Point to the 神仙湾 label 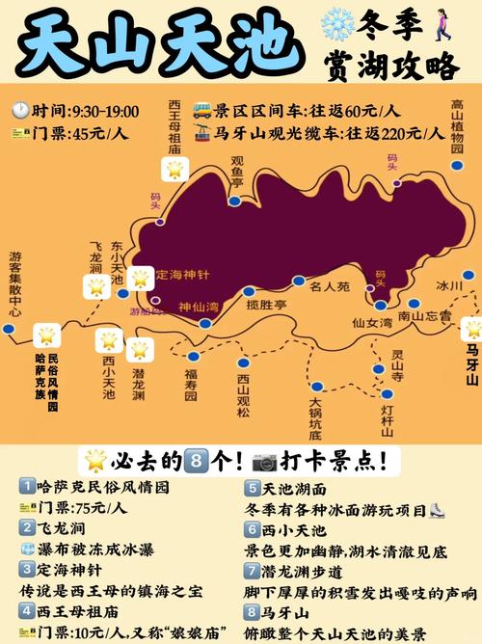(199, 308)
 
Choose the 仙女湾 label (372, 323)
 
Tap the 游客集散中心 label (14, 284)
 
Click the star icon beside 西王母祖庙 (174, 170)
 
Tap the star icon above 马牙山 (471, 328)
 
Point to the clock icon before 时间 (20, 112)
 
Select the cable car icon (202, 133)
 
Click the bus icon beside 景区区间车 (201, 110)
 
